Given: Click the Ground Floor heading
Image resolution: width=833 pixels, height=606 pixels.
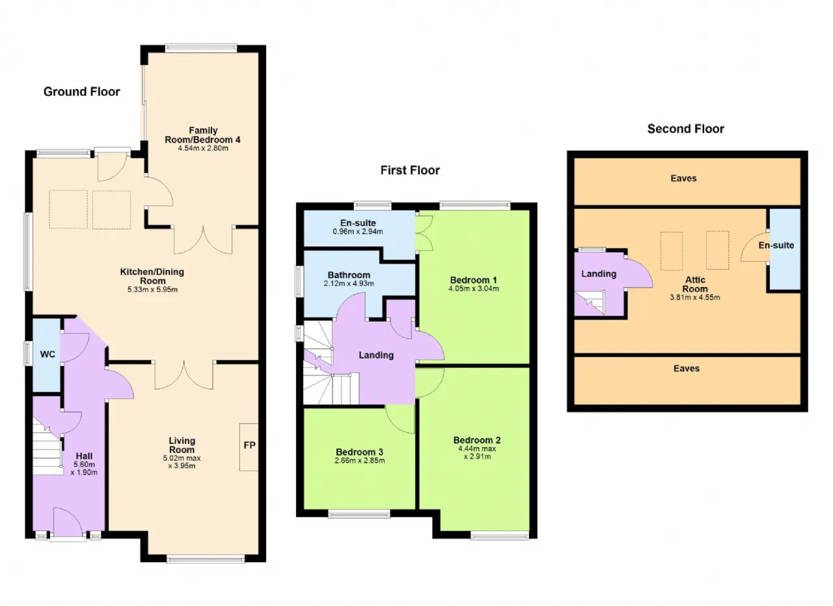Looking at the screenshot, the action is point(82,92).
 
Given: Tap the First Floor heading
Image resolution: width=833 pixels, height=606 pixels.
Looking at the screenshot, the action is point(410,170).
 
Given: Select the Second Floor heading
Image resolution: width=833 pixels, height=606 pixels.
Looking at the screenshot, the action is point(686,129).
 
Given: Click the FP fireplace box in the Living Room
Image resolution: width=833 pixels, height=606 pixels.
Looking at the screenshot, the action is point(249,447).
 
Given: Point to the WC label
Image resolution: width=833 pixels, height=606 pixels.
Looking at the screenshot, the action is point(48,354).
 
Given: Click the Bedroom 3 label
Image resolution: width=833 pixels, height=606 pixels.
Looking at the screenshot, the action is point(359,452).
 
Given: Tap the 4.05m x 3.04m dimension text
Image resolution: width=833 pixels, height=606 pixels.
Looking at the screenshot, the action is point(473,288).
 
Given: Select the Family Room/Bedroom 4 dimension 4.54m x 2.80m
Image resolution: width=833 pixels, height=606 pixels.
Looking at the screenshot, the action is point(203,148).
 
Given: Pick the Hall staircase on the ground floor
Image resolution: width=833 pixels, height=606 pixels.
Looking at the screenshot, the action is point(47,447).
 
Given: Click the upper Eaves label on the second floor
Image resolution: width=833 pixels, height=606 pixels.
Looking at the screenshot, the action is point(683,178).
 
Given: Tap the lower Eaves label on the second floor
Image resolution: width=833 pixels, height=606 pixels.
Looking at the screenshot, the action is point(687,368).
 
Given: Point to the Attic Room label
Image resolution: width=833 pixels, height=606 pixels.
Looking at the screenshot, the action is point(695,284).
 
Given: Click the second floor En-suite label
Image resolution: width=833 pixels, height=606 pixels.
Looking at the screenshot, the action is point(776,245).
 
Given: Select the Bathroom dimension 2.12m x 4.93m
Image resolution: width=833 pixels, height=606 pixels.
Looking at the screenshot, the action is point(349,283).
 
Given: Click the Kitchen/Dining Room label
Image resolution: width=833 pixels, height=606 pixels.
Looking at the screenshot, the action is point(152,277).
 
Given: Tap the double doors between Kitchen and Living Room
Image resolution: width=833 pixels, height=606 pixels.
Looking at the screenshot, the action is point(184,375).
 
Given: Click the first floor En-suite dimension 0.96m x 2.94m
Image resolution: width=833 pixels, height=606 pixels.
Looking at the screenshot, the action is point(358,231).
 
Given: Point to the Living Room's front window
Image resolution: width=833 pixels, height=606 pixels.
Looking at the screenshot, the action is point(206,558).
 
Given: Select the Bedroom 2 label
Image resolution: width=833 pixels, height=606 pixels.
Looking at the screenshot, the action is point(477,440).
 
